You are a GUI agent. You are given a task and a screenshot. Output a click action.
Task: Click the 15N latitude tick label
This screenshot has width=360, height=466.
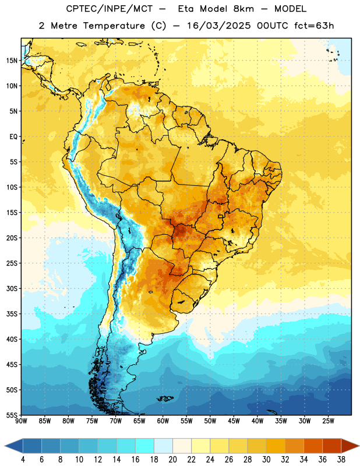click(x=12, y=61)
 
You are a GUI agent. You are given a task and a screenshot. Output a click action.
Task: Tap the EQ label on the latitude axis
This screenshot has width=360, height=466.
click(x=13, y=137)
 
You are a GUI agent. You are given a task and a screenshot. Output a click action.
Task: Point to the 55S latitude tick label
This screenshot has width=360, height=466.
click(x=12, y=415)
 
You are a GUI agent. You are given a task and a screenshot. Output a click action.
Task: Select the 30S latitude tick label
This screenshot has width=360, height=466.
click(x=12, y=288)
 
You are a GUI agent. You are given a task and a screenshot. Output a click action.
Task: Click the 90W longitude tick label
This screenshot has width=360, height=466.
click(x=21, y=421)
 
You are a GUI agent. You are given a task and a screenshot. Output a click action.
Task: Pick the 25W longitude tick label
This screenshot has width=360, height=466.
click(x=328, y=421)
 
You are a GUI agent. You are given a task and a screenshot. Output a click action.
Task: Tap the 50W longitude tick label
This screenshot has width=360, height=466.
click(x=210, y=421)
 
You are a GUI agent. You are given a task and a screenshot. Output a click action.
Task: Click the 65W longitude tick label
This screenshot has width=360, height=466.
click(x=139, y=421)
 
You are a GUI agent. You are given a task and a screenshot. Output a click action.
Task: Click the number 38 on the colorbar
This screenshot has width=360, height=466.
click(x=341, y=460)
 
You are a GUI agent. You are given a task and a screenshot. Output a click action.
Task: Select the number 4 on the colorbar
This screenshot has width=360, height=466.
click(x=23, y=460)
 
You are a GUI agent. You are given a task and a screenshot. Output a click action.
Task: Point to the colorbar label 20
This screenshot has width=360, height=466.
click(x=172, y=460)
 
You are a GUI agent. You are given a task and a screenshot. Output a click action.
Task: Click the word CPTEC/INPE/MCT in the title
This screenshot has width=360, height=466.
click(x=109, y=9)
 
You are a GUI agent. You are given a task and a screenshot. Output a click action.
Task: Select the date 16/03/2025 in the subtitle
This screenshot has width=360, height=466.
click(x=219, y=26)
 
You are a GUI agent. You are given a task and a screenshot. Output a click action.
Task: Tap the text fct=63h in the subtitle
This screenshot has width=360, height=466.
click(x=314, y=26)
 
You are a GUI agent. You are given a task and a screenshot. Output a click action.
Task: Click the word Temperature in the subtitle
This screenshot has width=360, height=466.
click(x=114, y=26)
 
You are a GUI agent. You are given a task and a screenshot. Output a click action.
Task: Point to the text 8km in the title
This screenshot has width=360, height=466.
click(x=243, y=9)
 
